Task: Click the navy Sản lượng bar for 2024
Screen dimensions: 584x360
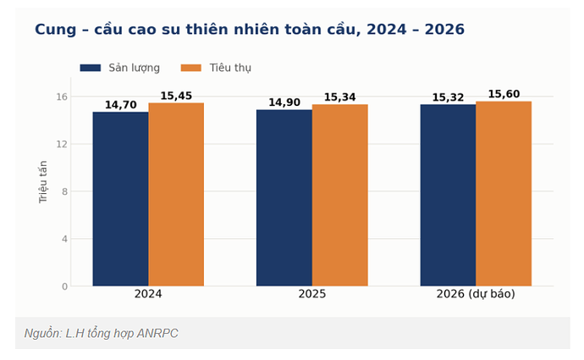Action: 120,199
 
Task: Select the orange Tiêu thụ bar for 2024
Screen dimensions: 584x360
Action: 176,195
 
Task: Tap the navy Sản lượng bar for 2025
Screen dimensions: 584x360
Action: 284,198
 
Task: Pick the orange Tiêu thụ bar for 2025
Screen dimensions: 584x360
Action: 340,196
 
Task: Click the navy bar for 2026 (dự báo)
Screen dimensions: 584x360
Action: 448,196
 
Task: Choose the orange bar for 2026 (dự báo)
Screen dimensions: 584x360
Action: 504,194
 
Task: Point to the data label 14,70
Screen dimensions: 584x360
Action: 121,105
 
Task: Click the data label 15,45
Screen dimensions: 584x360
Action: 176,96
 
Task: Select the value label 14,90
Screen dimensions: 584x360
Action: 284,102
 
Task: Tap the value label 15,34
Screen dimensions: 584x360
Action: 340,97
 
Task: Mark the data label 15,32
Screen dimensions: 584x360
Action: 448,97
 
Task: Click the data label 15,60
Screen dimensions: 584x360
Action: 504,94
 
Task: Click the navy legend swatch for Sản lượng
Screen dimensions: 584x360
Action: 91,68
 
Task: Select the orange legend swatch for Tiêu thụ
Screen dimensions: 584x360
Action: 191,68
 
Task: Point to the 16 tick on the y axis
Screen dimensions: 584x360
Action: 62,97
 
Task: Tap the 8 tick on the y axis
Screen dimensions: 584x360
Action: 65,191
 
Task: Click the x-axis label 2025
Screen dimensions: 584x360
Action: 312,294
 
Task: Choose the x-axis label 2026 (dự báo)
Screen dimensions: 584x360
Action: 476,294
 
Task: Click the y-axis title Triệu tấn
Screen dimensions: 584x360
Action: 43,182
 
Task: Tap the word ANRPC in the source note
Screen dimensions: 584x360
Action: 157,333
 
